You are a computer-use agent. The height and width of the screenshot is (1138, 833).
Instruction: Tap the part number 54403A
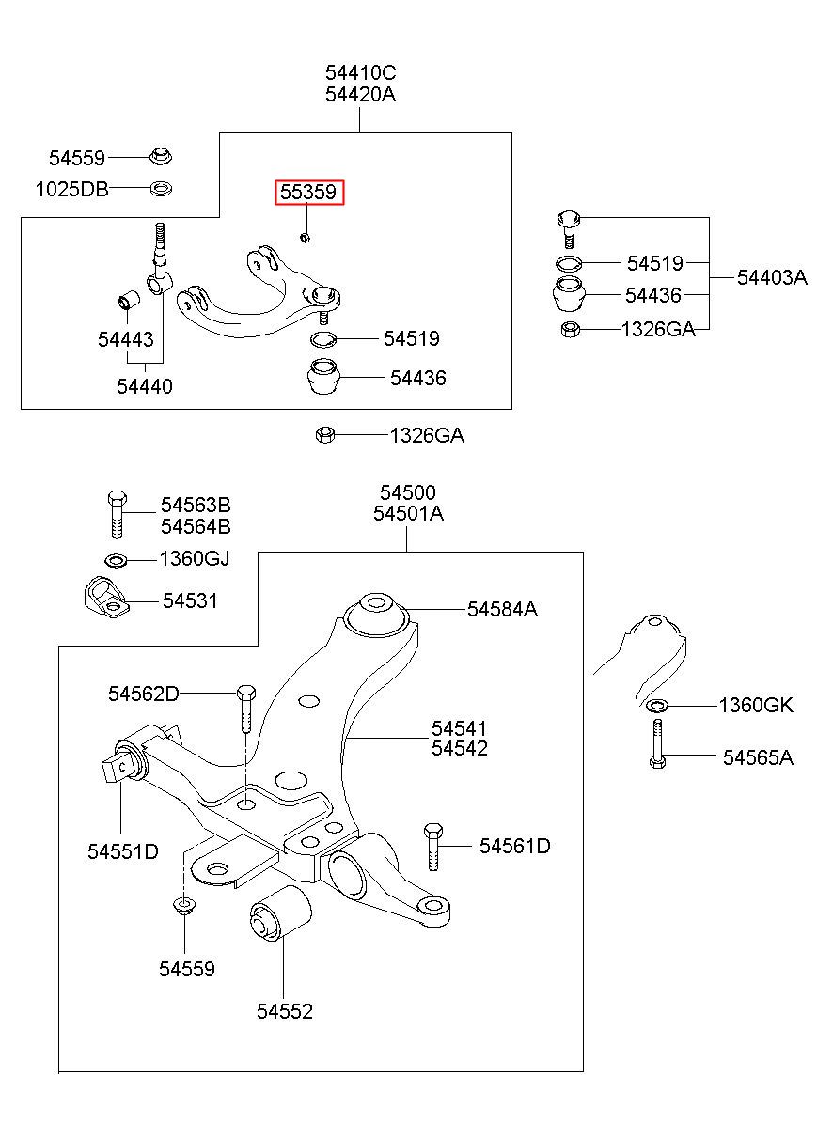(x=772, y=277)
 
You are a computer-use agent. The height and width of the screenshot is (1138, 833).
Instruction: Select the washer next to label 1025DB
(x=161, y=189)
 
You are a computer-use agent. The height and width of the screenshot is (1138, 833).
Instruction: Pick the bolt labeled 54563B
(x=115, y=512)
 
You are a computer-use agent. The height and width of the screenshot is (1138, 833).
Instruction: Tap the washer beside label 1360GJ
(x=117, y=561)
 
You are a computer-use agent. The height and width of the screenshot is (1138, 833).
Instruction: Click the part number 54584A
(x=502, y=609)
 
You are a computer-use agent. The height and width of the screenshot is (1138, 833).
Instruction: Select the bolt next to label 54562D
(x=244, y=708)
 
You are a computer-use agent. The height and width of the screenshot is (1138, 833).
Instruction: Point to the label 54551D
(x=123, y=851)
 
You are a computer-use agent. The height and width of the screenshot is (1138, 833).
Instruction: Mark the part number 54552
(x=284, y=1011)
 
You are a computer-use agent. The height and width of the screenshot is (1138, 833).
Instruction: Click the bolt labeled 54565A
(x=657, y=744)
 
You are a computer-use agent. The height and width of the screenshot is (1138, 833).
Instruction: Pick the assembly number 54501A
(x=408, y=514)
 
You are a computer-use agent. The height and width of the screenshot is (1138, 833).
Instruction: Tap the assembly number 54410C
(x=361, y=72)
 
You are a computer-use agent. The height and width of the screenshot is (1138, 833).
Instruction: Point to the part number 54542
(x=460, y=749)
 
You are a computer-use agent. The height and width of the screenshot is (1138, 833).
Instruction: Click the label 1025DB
(x=71, y=189)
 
